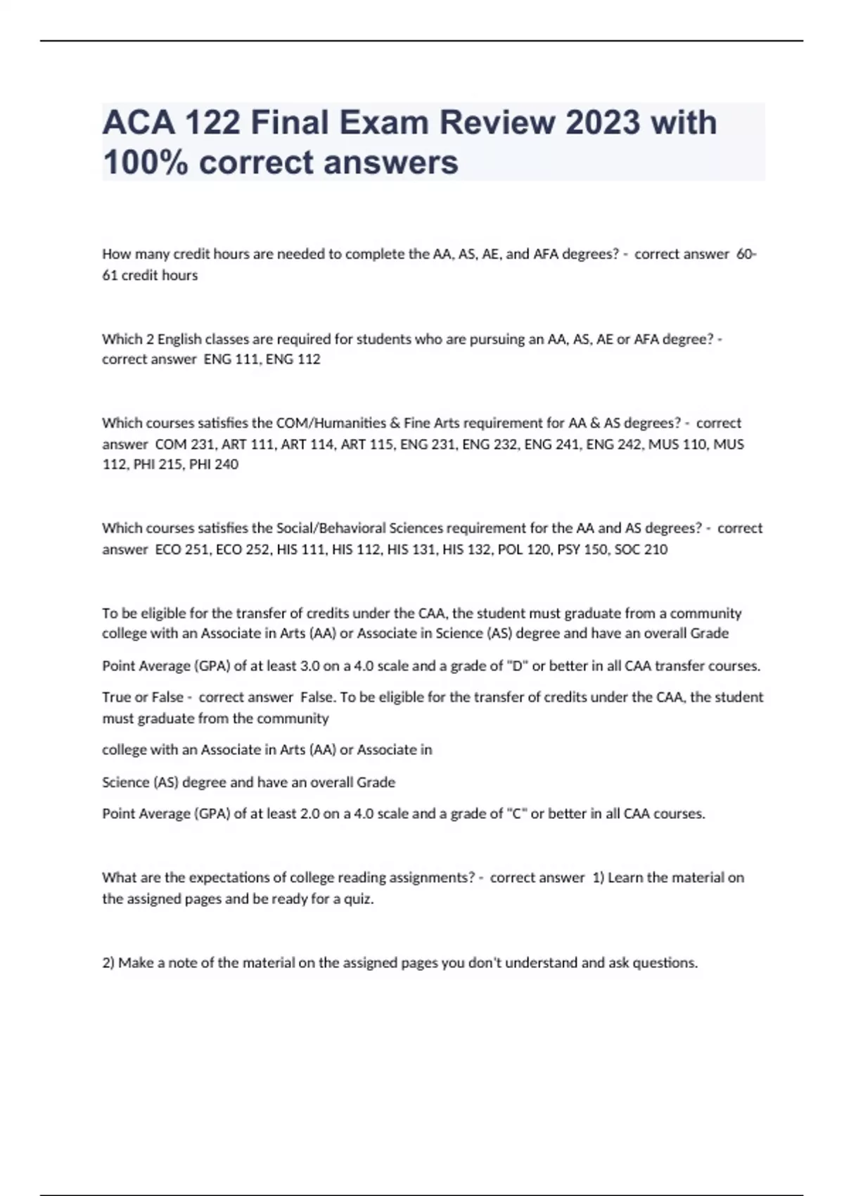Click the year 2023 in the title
603,122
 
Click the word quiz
358,899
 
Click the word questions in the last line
665,963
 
